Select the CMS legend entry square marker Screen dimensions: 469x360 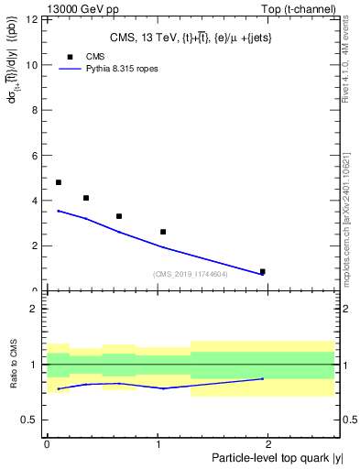click(x=71, y=57)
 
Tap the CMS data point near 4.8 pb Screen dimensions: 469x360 click(x=59, y=182)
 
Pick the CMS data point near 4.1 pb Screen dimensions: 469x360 click(x=86, y=198)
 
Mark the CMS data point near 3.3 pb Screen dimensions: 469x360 click(x=119, y=216)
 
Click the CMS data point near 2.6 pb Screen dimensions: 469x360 click(x=163, y=232)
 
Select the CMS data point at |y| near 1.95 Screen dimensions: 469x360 click(x=263, y=271)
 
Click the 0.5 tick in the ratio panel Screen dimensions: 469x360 click(x=32, y=420)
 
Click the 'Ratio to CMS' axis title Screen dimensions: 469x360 click(x=14, y=365)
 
